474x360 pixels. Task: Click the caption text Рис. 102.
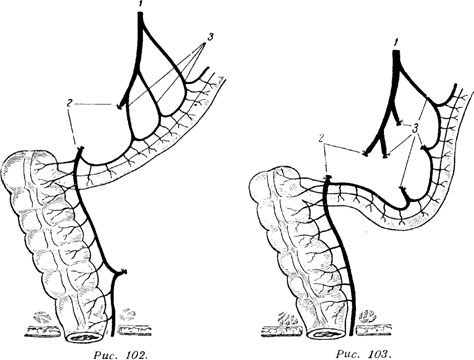tap(120, 354)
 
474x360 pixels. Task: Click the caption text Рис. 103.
tap(363, 353)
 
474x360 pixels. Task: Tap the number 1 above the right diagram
tap(395, 42)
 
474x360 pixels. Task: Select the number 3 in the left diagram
tap(210, 37)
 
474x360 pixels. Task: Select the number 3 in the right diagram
tap(415, 128)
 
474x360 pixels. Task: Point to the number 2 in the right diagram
tap(321, 138)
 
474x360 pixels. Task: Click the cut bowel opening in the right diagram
tap(326, 333)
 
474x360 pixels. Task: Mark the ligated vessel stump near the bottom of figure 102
tap(123, 272)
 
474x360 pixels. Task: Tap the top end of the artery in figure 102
tap(140, 14)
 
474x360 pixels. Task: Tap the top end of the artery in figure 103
tap(396, 51)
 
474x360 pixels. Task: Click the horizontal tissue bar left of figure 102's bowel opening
tap(44, 332)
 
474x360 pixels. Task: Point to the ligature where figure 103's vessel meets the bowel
tap(328, 177)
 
